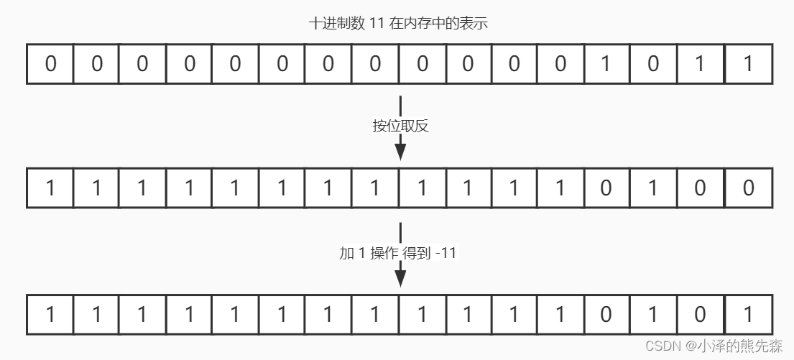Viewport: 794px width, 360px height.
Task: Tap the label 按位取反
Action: pyautogui.click(x=400, y=126)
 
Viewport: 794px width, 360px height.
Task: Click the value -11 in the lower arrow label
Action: pyautogui.click(x=446, y=253)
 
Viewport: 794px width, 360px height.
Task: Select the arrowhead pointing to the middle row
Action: pyautogui.click(x=400, y=152)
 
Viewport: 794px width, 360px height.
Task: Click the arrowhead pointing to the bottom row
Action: pyautogui.click(x=400, y=277)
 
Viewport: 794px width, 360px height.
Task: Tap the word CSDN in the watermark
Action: pyautogui.click(x=663, y=346)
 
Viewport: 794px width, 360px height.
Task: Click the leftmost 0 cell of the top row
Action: pyautogui.click(x=50, y=64)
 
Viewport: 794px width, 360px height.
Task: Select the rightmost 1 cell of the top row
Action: pyautogui.click(x=748, y=64)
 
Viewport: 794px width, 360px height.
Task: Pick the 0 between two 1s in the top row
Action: pyautogui.click(x=653, y=64)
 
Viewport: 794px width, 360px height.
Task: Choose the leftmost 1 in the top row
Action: pyautogui.click(x=605, y=64)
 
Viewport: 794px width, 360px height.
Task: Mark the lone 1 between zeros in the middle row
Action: pyautogui.click(x=653, y=188)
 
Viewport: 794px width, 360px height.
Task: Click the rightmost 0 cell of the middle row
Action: pyautogui.click(x=748, y=188)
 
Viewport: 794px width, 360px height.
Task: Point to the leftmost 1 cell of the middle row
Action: pyautogui.click(x=50, y=188)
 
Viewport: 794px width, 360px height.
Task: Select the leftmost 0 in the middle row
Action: pyautogui.click(x=605, y=188)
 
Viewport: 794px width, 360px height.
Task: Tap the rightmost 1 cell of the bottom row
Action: pyautogui.click(x=748, y=314)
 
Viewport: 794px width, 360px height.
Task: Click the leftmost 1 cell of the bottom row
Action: pyautogui.click(x=50, y=314)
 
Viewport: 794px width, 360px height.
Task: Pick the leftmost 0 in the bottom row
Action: pyautogui.click(x=605, y=314)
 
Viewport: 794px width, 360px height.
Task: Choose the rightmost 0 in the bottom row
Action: pyautogui.click(x=701, y=314)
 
